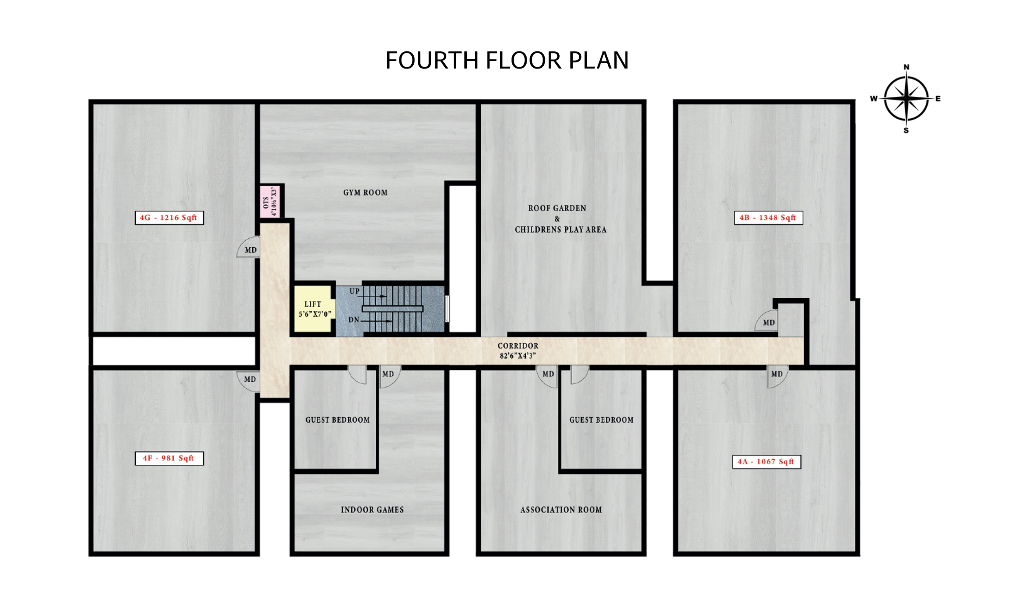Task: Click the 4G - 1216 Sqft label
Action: pyautogui.click(x=169, y=218)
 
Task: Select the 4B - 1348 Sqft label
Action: pyautogui.click(x=768, y=218)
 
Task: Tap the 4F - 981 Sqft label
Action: pyautogui.click(x=169, y=458)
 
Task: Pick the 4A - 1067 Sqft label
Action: pyautogui.click(x=767, y=461)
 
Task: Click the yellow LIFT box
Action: pyautogui.click(x=313, y=309)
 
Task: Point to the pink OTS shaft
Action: pyautogui.click(x=270, y=202)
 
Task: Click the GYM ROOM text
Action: pyautogui.click(x=365, y=193)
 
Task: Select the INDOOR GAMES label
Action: pyautogui.click(x=373, y=510)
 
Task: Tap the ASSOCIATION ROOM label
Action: pyautogui.click(x=561, y=510)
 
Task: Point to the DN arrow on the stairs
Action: pyautogui.click(x=377, y=321)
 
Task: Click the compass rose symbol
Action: pyautogui.click(x=906, y=99)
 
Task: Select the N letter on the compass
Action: pyautogui.click(x=906, y=67)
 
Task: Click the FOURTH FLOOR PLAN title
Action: pyautogui.click(x=507, y=60)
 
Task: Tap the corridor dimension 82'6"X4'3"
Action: pyautogui.click(x=518, y=355)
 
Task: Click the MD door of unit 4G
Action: pyautogui.click(x=248, y=247)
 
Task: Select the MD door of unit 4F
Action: pyautogui.click(x=248, y=381)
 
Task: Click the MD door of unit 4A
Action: pyautogui.click(x=777, y=376)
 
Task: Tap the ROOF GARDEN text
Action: pyautogui.click(x=557, y=208)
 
